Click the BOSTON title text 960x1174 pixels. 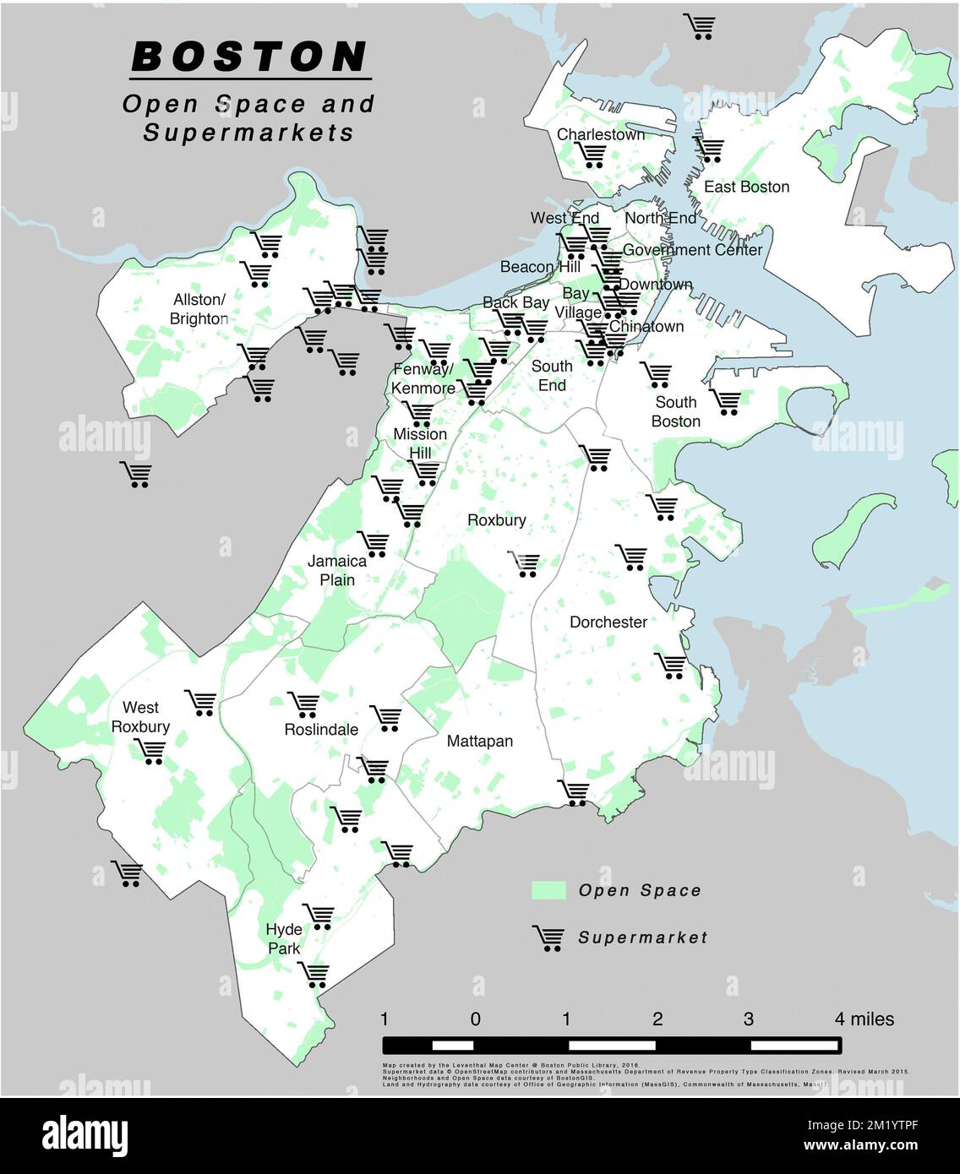pos(250,57)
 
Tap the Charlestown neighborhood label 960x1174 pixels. pos(600,134)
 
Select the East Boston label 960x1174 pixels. pos(746,187)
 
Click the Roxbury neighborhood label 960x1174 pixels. pos(497,520)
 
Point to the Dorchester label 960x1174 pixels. pos(608,622)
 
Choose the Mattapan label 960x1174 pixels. pos(479,741)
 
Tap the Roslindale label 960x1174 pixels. pos(321,729)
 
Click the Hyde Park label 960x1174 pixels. pos(284,938)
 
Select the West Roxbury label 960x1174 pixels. pos(140,717)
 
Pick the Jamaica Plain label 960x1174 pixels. pos(337,570)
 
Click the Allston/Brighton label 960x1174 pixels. pos(199,309)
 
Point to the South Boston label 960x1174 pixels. pos(676,411)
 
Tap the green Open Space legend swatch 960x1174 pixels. pos(548,890)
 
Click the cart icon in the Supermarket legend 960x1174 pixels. pos(548,938)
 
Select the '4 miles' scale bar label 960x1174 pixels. pos(864,1019)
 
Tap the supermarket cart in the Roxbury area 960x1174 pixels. pos(525,564)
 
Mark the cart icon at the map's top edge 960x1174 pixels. pos(701,27)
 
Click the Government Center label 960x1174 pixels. pos(692,250)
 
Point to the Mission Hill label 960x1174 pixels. pos(420,443)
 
